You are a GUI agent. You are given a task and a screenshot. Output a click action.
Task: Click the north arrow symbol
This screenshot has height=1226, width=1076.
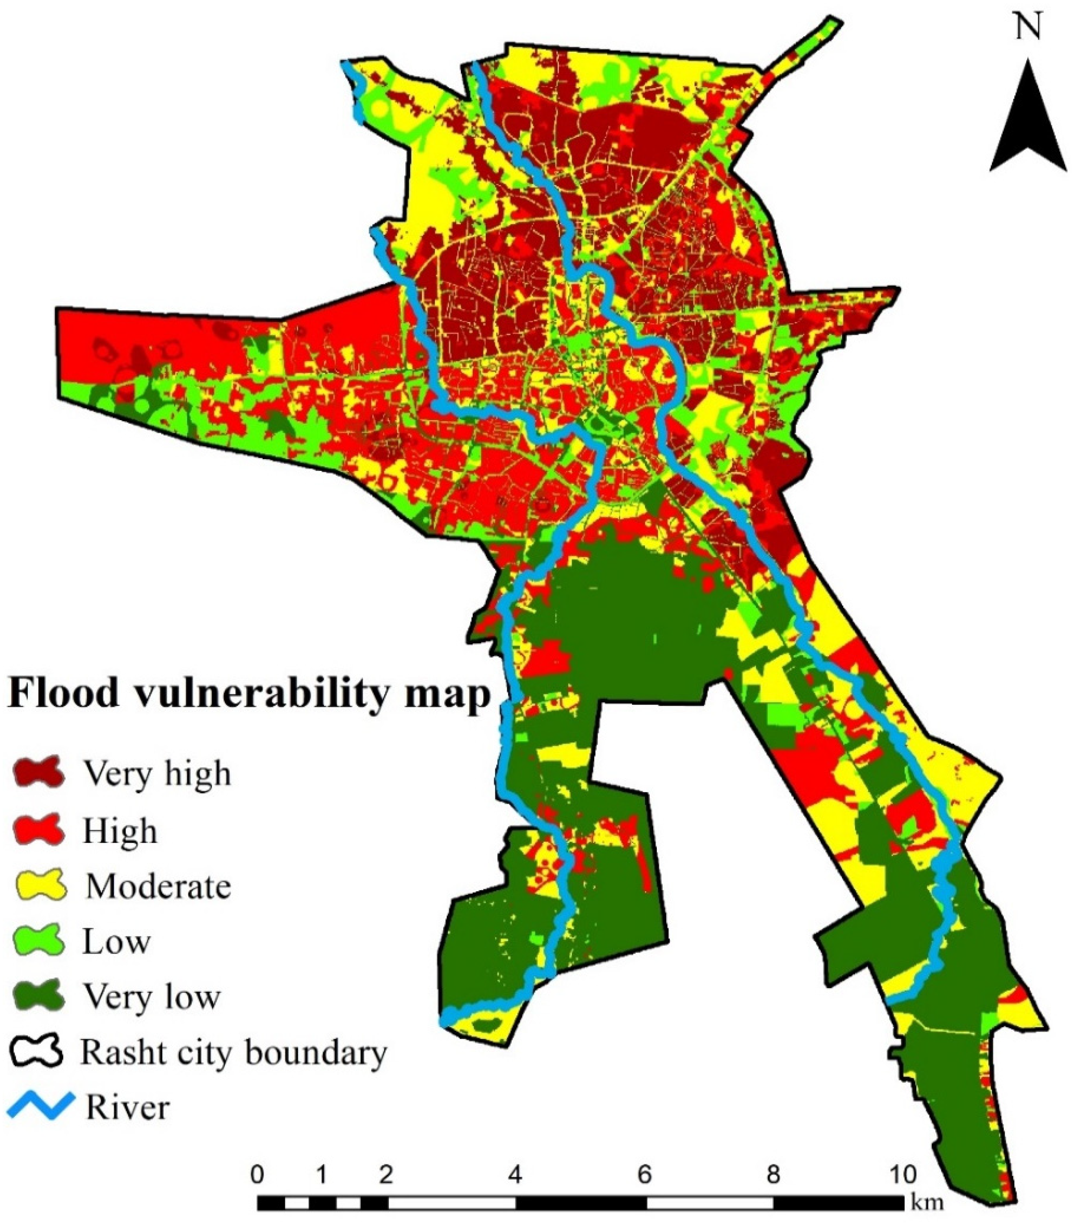coord(1027,120)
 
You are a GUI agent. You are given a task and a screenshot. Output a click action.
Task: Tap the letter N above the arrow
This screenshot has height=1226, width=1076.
coord(1027,27)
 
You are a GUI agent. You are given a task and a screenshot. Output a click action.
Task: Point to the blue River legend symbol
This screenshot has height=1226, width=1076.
coord(41,1106)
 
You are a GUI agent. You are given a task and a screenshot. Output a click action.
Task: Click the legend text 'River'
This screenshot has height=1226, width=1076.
coord(128,1107)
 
